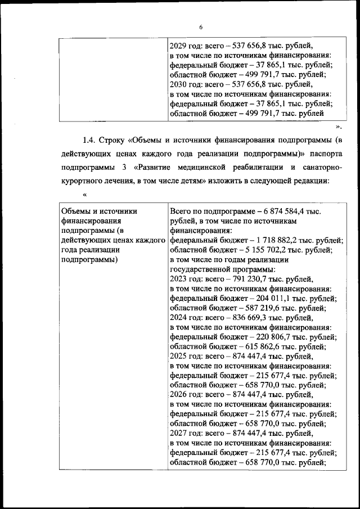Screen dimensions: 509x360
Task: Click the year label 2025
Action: pos(179,357)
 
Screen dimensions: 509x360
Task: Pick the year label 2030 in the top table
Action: pos(179,84)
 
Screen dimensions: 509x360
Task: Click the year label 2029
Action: pos(179,45)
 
